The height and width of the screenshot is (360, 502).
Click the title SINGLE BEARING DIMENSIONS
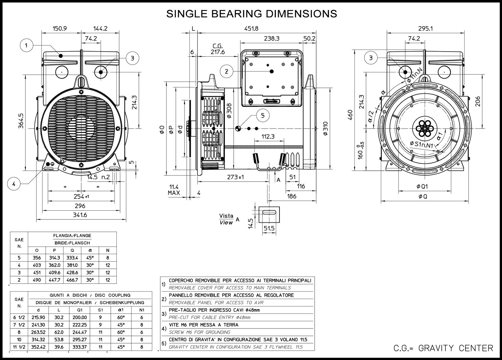tap(251, 14)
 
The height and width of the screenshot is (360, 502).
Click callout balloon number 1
tap(26, 45)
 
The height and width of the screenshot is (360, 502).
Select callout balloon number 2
tap(227, 71)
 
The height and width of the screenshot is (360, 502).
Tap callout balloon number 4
tap(14, 184)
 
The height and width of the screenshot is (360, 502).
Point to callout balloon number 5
tap(263, 115)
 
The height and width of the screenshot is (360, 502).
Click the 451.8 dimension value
tap(252, 29)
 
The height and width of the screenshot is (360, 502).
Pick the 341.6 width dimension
tap(80, 215)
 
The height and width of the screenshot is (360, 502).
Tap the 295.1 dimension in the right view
tap(425, 29)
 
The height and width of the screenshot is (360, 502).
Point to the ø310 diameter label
tap(326, 128)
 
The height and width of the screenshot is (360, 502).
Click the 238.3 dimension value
tap(271, 39)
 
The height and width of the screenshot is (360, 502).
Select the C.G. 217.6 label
tap(218, 49)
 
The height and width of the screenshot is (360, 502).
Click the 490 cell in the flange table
tap(37, 280)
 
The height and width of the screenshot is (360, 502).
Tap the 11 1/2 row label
tap(19, 347)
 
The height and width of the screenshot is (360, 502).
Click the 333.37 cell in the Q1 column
tap(80, 347)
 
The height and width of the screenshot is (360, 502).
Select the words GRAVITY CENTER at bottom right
tap(456, 348)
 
